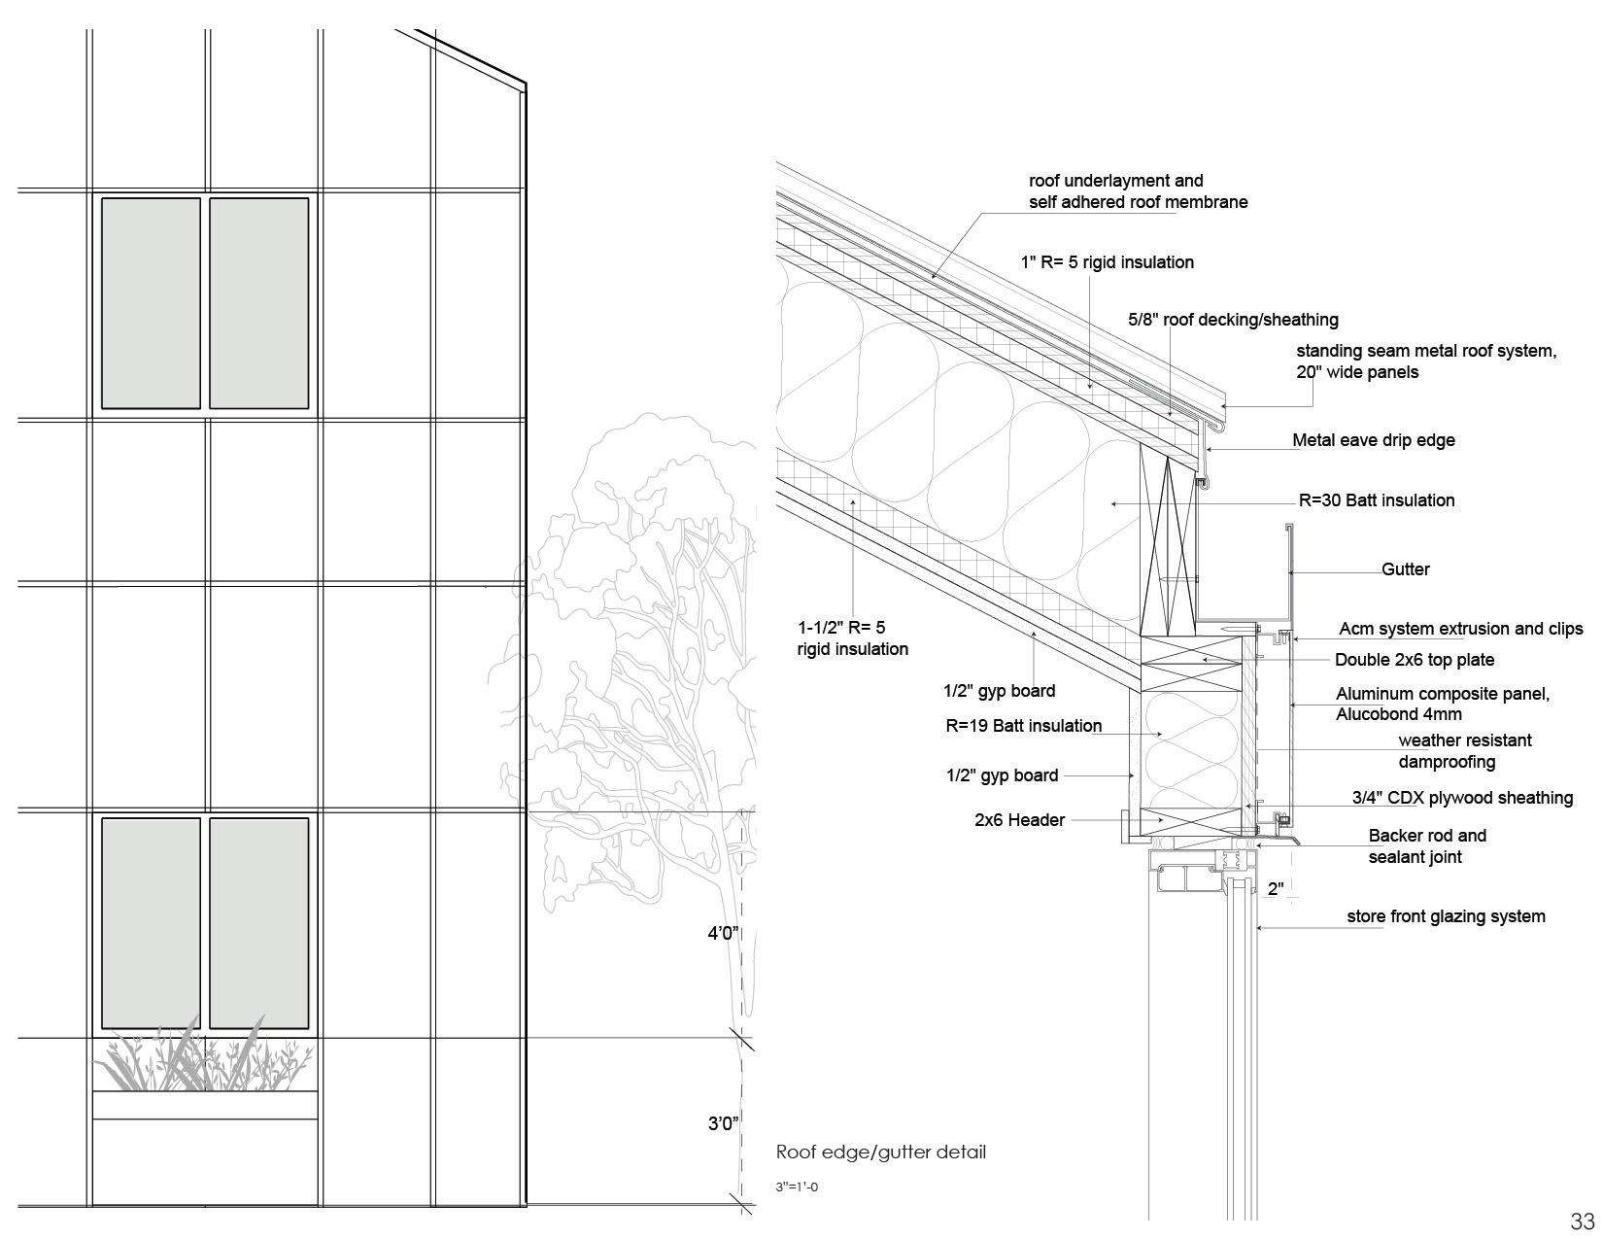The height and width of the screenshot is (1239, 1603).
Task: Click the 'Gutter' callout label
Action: [1405, 569]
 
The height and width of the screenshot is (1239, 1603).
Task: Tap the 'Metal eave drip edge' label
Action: [1373, 440]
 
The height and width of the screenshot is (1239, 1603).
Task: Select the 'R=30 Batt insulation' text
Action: [1376, 500]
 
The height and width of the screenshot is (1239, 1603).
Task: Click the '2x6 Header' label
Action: [1019, 820]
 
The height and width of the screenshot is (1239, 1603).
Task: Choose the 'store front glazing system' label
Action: [1445, 916]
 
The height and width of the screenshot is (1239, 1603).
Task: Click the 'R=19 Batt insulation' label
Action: [1023, 726]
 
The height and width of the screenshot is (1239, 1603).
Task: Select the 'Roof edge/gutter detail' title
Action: [880, 1153]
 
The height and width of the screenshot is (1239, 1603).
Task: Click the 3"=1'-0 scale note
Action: [797, 1187]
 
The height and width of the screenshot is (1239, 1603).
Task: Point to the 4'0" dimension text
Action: [723, 934]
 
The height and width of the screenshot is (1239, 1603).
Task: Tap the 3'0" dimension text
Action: [723, 1124]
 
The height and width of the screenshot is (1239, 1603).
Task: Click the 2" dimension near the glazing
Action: [1276, 889]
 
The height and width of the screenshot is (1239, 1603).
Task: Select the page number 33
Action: [1582, 1222]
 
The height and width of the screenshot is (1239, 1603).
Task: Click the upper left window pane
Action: [151, 303]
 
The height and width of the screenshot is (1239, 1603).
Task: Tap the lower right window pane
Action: [258, 923]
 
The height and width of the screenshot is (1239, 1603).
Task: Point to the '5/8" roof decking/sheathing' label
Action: [1232, 320]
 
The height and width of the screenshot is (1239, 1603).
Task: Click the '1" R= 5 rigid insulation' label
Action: [1107, 262]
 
